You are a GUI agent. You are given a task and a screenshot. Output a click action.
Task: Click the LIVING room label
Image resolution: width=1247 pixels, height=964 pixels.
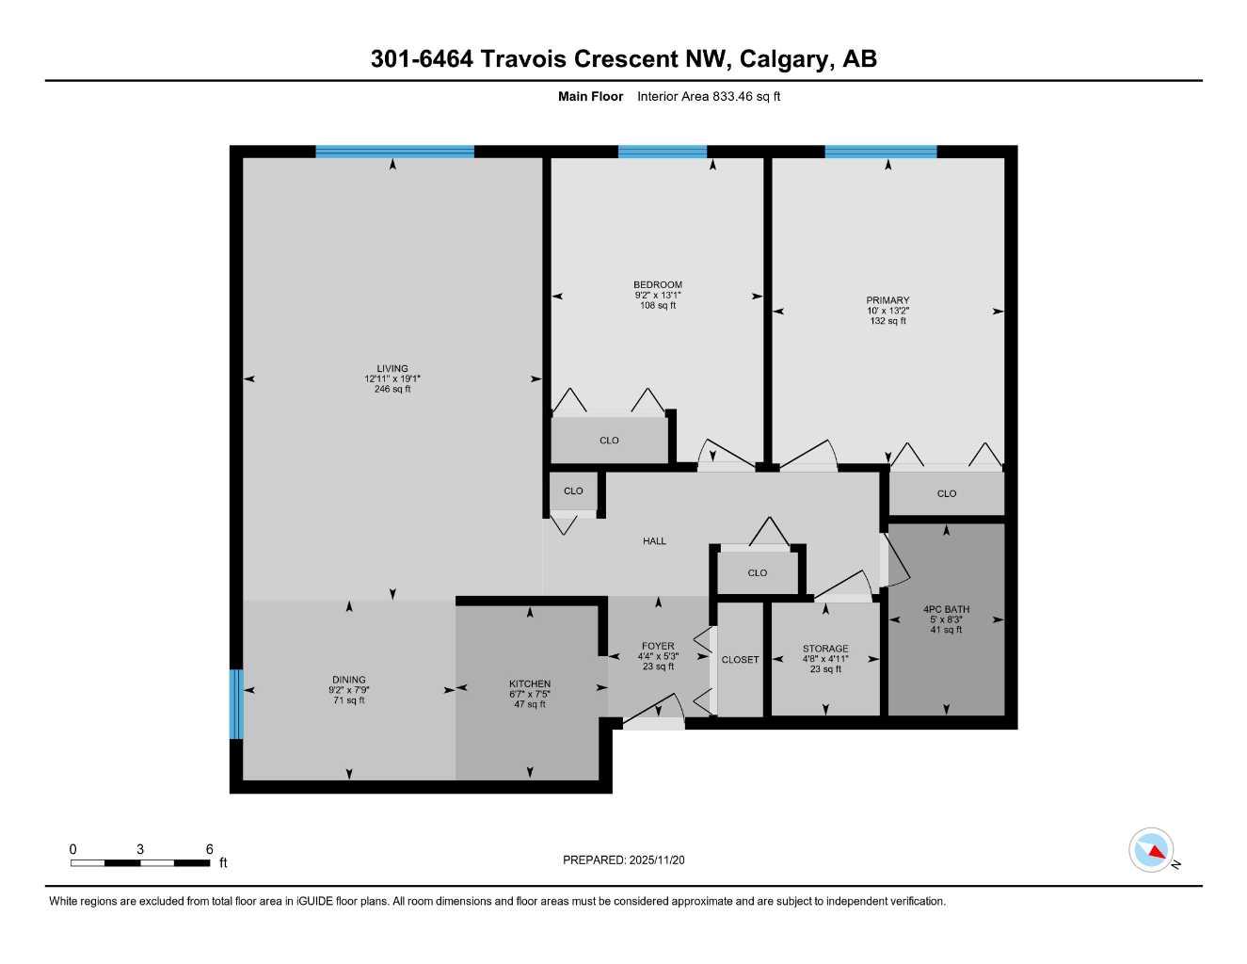click(x=392, y=369)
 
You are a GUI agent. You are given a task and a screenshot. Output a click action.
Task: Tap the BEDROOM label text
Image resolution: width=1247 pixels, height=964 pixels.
click(x=657, y=285)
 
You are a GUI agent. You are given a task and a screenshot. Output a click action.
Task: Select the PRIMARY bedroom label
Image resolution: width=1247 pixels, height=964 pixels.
click(x=887, y=301)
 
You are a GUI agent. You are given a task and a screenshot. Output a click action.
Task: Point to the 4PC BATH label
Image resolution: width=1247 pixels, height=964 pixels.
click(x=946, y=609)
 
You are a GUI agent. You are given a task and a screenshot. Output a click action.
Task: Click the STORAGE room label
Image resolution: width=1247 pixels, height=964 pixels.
click(x=825, y=649)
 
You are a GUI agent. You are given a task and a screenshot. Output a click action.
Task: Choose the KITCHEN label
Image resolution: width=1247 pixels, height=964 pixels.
click(x=530, y=684)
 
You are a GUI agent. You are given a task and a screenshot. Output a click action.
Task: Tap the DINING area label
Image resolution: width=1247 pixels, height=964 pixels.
click(x=348, y=680)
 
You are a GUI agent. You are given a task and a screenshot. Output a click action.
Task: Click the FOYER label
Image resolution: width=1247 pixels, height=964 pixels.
click(x=658, y=647)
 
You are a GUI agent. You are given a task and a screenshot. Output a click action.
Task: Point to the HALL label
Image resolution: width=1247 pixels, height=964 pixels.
click(x=654, y=541)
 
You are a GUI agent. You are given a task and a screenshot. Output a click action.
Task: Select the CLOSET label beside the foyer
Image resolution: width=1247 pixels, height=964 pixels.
click(x=740, y=660)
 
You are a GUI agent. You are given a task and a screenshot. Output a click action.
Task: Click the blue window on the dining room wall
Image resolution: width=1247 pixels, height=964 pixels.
click(x=236, y=703)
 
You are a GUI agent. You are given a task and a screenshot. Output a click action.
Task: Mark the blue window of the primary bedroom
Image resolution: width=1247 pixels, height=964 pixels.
click(x=881, y=152)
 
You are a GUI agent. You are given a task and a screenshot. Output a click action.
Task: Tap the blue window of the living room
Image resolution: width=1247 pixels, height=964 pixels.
click(x=394, y=152)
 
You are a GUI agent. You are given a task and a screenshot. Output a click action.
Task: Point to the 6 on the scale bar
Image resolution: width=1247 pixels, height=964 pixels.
click(x=209, y=849)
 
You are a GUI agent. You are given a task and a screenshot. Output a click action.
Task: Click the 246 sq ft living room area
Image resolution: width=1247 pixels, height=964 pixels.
click(x=392, y=389)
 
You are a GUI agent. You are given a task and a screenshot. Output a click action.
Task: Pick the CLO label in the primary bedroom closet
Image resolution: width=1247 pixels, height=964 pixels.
click(x=946, y=493)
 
